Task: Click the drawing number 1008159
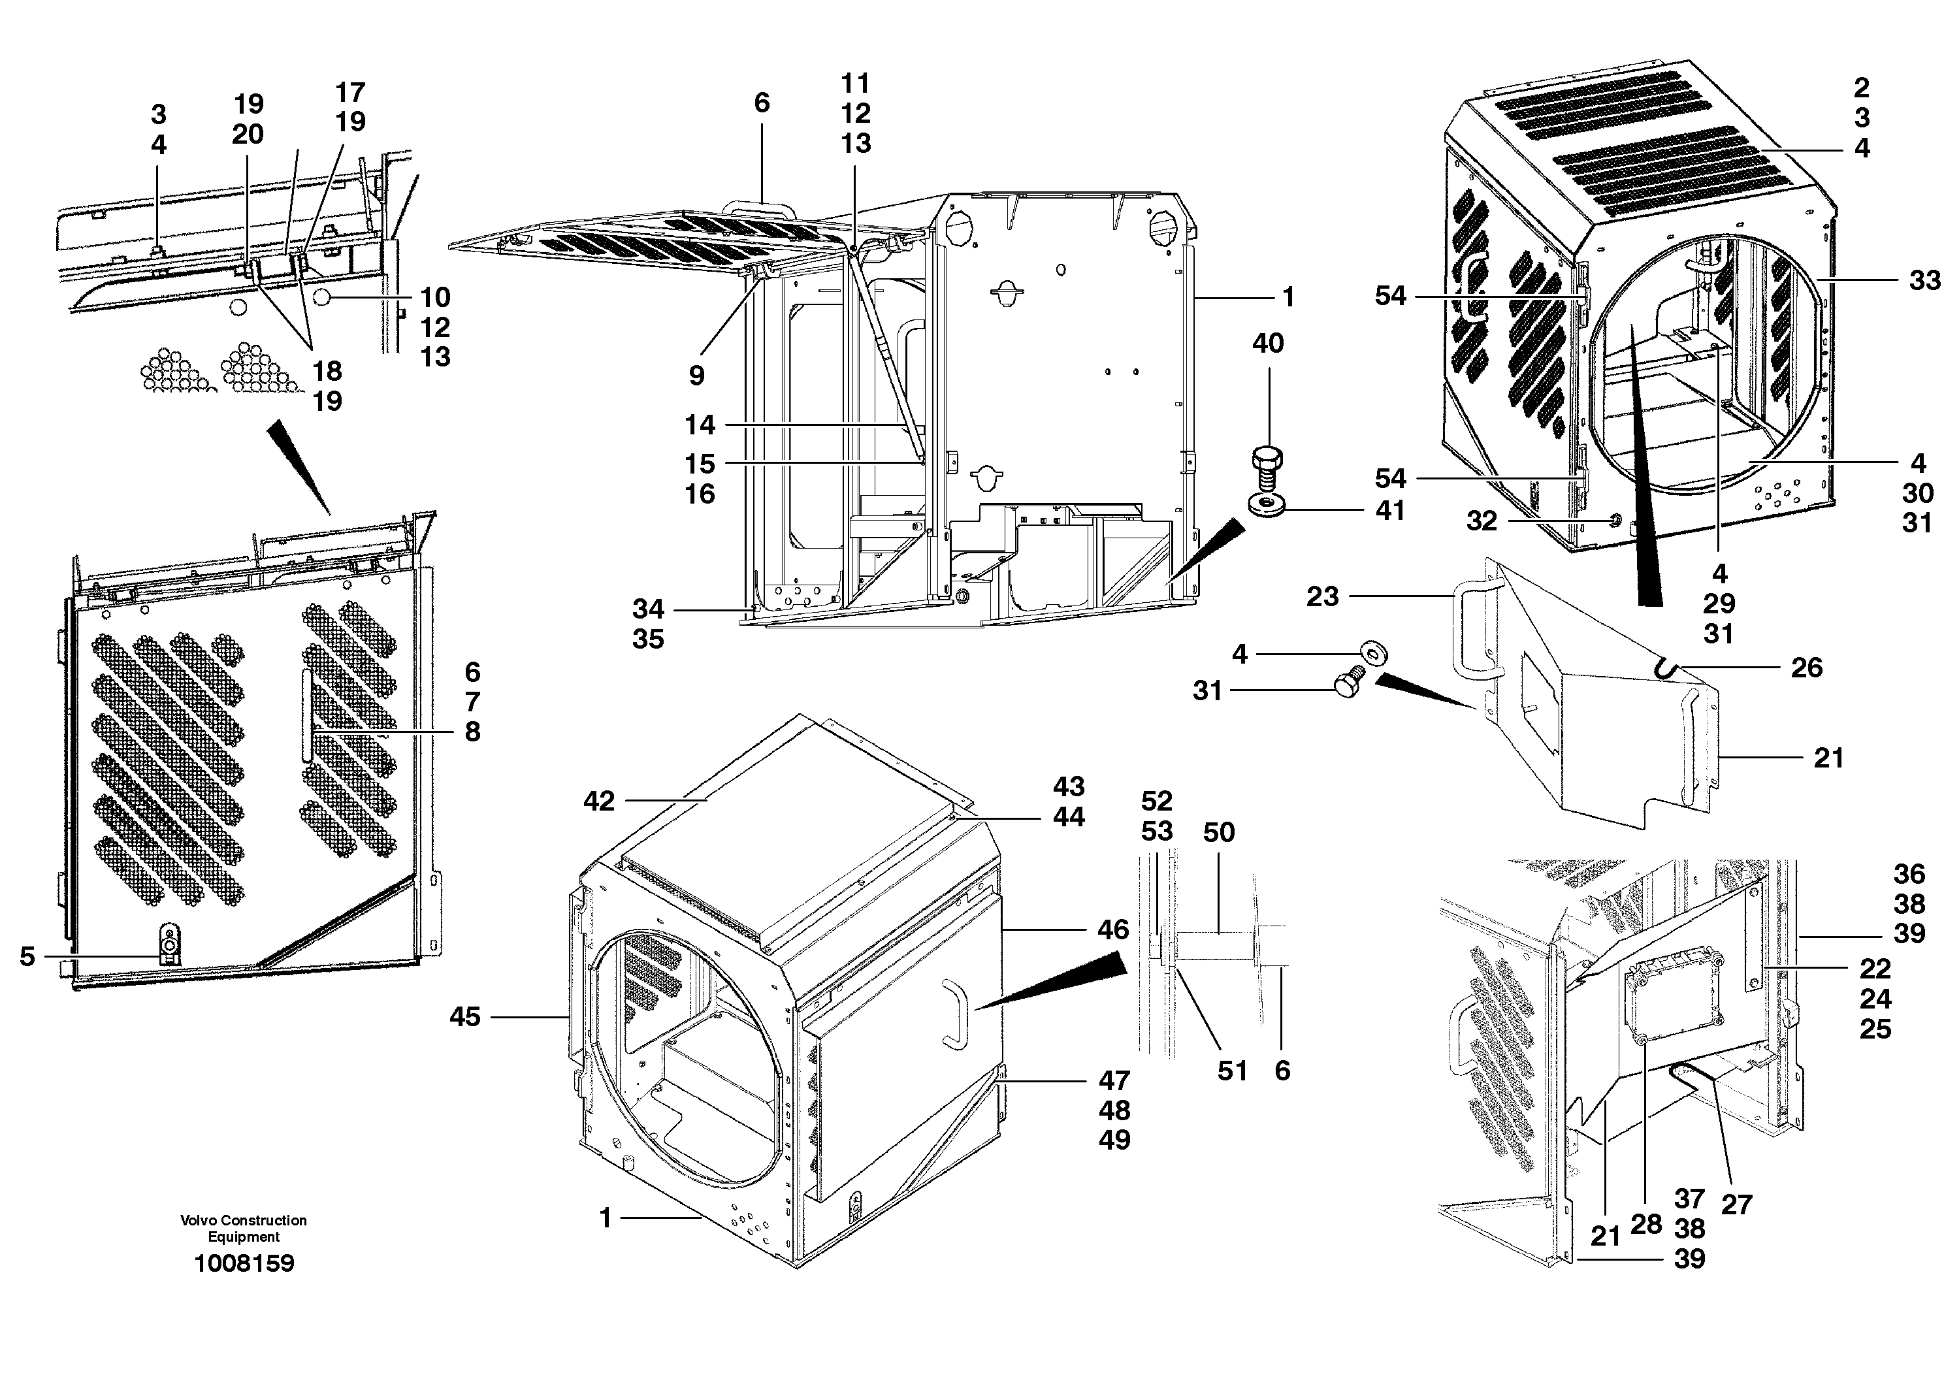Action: (x=244, y=1263)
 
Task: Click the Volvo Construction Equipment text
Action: (x=243, y=1228)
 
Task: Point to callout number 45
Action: (x=465, y=1016)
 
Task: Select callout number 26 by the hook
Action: (x=1806, y=668)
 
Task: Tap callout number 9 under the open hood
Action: (x=696, y=376)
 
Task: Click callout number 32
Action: (x=1482, y=521)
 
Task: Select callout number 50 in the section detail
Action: (x=1218, y=832)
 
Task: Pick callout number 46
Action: (x=1113, y=929)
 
